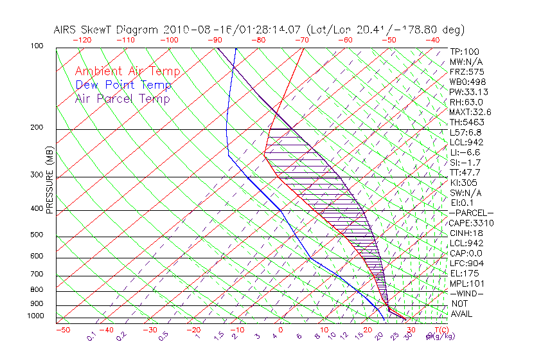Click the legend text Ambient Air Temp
(127, 71)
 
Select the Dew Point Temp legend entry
(123, 85)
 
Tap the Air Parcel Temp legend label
(122, 98)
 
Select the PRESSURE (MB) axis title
(50, 181)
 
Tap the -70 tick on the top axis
(301, 39)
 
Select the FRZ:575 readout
(466, 71)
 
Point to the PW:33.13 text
(469, 92)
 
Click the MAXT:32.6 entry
(472, 112)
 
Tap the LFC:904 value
(466, 264)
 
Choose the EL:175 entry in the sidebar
(464, 274)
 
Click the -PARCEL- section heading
(472, 213)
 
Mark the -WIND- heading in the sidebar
(467, 294)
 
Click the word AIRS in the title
(66, 30)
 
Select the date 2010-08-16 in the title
(193, 30)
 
